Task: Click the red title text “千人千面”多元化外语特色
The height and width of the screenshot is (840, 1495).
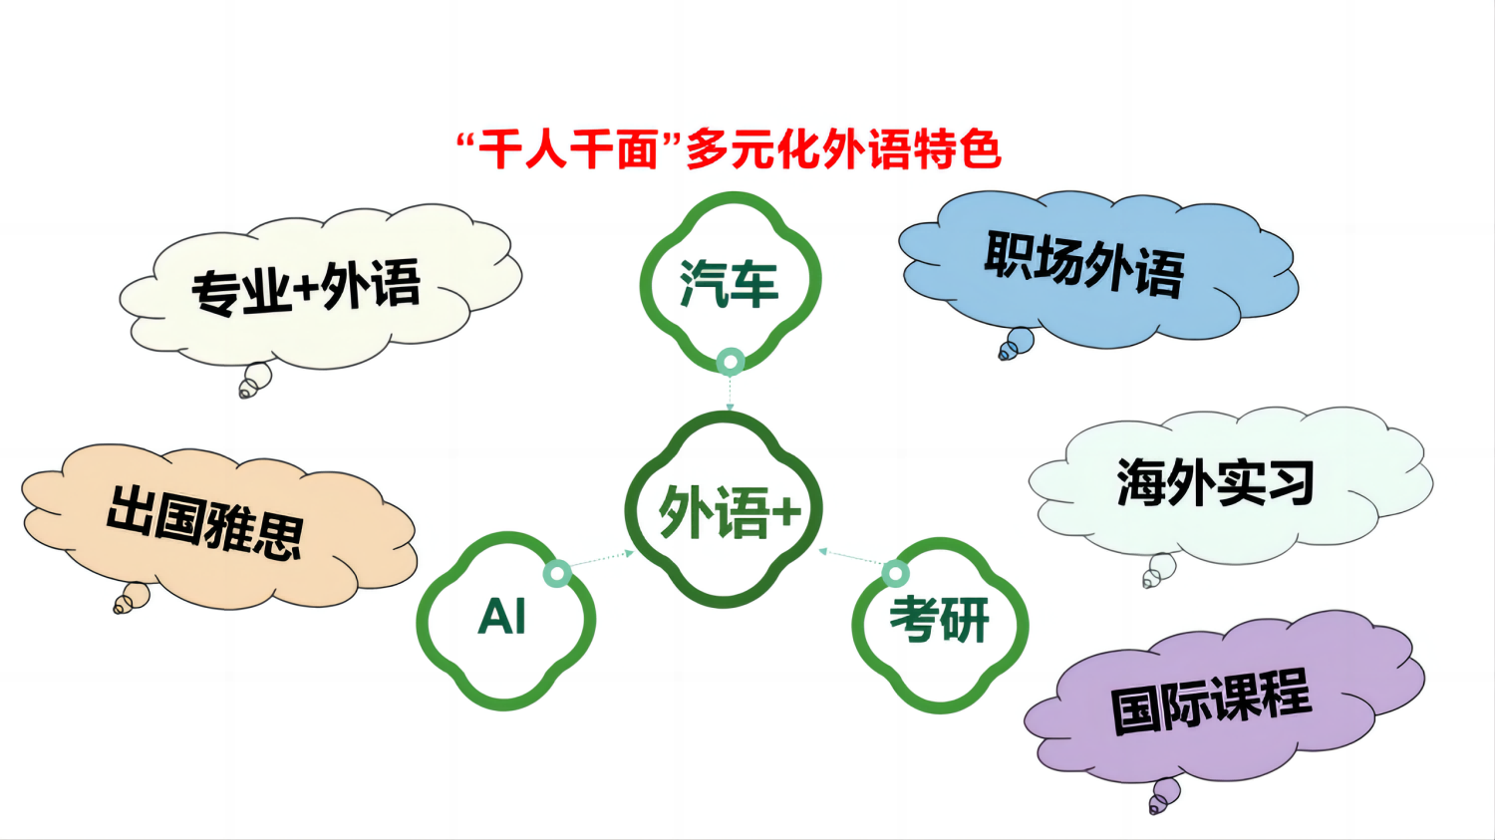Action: tap(729, 149)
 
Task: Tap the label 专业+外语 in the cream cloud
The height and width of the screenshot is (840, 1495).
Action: tap(306, 287)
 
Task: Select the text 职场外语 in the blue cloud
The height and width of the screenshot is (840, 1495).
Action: tap(1084, 263)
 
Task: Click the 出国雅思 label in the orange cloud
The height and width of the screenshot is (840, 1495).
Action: tap(205, 522)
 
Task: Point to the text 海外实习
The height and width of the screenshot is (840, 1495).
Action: tap(1215, 482)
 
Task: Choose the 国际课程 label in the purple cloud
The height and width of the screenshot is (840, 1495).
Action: tap(1211, 701)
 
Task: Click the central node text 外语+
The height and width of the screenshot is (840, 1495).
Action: tap(730, 511)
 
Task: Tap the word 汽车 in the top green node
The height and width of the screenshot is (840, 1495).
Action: tap(729, 284)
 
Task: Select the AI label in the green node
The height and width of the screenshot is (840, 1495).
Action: tap(502, 617)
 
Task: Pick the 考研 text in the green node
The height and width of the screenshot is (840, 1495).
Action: tap(939, 620)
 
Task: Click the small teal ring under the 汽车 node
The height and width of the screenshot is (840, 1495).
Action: tap(731, 363)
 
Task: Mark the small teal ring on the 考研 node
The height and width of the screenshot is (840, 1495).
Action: tap(896, 573)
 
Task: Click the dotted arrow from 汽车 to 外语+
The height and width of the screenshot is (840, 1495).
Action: tap(730, 394)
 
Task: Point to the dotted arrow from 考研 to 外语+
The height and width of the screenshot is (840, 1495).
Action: tap(851, 556)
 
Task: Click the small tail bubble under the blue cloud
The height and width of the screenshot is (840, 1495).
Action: tap(1017, 345)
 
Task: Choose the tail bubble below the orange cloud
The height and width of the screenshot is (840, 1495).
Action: tap(132, 598)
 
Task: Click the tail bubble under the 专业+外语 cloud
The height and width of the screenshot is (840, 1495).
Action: tap(255, 381)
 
